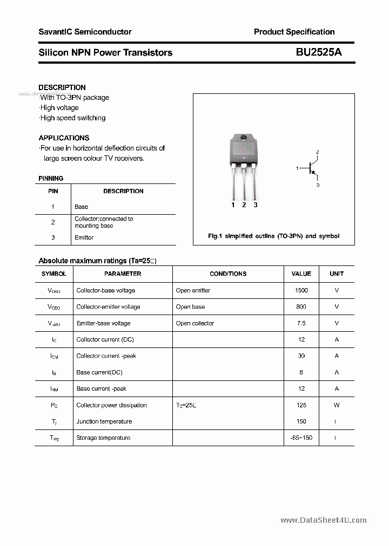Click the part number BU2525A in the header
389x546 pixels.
click(319, 52)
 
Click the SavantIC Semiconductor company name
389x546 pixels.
click(85, 32)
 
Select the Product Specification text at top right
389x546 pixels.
click(294, 32)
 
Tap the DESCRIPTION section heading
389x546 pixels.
click(62, 87)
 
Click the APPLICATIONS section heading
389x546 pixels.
click(64, 138)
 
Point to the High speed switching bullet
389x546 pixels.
click(72, 118)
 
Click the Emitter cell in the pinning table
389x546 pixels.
click(84, 237)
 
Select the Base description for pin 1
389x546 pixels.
click(81, 207)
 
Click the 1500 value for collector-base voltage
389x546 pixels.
click(301, 290)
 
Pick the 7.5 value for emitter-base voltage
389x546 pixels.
click(301, 323)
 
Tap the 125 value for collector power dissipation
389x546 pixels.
click(301, 405)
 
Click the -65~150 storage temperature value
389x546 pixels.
click(301, 438)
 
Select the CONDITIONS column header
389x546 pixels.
click(228, 274)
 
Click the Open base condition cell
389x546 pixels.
click(190, 307)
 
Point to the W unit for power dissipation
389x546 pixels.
click(337, 405)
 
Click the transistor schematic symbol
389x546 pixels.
click(311, 168)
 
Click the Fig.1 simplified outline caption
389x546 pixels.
click(273, 236)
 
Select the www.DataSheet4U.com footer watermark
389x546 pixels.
click(324, 520)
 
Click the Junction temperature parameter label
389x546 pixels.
click(104, 421)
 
